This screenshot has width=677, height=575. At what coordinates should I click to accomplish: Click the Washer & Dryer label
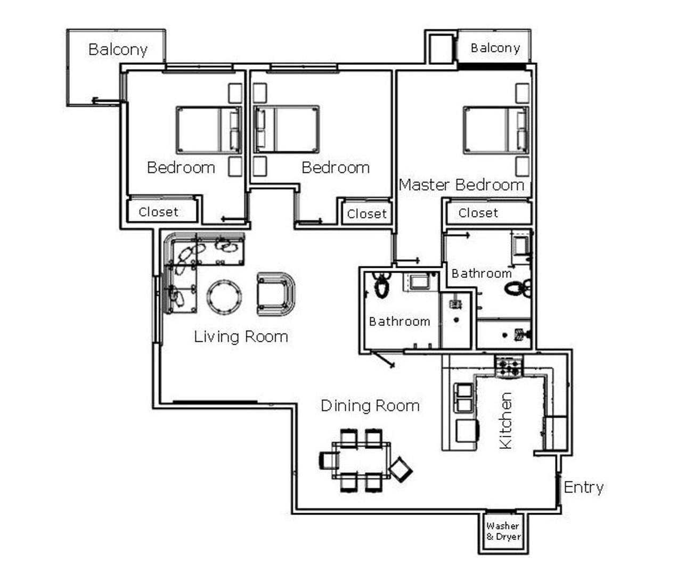click(x=503, y=531)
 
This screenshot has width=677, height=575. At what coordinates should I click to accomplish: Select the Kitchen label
click(x=505, y=421)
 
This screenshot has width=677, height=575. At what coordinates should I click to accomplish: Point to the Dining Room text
click(x=370, y=406)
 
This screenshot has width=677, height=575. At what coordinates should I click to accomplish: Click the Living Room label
click(x=241, y=337)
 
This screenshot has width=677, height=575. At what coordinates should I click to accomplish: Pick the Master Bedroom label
click(x=461, y=185)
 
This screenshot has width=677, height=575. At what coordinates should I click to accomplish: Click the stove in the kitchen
click(x=509, y=366)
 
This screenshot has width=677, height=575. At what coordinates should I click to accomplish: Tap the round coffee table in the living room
click(x=224, y=297)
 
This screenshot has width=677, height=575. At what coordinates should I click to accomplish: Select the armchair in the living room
click(x=276, y=294)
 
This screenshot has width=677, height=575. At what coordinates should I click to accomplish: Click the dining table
click(x=361, y=460)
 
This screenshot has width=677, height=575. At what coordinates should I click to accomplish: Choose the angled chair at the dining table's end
click(x=401, y=470)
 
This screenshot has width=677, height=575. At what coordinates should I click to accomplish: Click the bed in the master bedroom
click(x=496, y=130)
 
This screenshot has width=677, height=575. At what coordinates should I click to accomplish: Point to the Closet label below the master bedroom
click(x=478, y=213)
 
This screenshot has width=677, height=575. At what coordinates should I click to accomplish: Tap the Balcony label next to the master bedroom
click(x=495, y=48)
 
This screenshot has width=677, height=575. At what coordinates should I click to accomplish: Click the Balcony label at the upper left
click(x=118, y=50)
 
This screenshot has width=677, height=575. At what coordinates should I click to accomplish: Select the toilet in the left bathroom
click(x=381, y=285)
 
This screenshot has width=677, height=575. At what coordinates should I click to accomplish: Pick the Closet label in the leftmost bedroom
click(x=159, y=212)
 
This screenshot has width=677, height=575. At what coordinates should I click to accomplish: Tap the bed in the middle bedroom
click(x=287, y=129)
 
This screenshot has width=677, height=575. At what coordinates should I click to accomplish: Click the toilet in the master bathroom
click(x=518, y=288)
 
